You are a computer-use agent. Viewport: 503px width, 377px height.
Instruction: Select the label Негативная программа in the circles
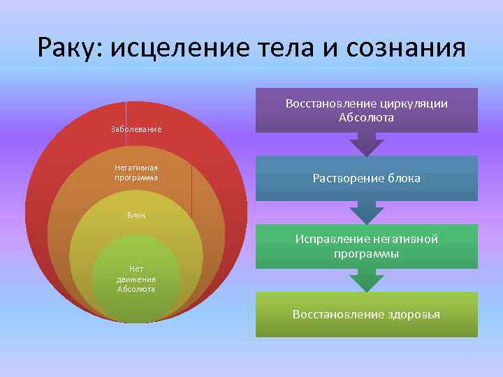click(136, 172)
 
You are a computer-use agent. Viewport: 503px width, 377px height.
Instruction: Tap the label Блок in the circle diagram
click(136, 214)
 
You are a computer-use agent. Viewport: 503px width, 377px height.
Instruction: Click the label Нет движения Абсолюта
click(136, 279)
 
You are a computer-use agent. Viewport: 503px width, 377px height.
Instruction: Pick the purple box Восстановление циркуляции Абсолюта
click(366, 110)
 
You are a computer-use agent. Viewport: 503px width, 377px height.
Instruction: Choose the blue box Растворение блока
click(366, 178)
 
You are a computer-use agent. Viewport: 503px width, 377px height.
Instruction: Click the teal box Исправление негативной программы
click(366, 246)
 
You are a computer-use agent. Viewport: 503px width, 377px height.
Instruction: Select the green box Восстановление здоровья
click(366, 314)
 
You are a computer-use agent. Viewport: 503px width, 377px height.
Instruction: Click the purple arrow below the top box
click(366, 145)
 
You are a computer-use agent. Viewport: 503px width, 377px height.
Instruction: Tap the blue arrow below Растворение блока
click(366, 212)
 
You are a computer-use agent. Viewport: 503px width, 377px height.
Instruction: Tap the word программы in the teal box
click(366, 254)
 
